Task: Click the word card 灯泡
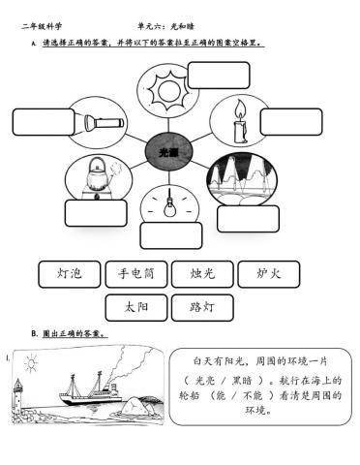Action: pos(69,274)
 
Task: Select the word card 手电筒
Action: pos(135,274)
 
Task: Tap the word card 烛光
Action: pos(201,274)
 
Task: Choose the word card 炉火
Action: pos(267,274)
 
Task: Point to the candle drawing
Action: pos(237,121)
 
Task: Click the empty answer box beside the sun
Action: pos(218,75)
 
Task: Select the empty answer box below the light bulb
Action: pos(170,235)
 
